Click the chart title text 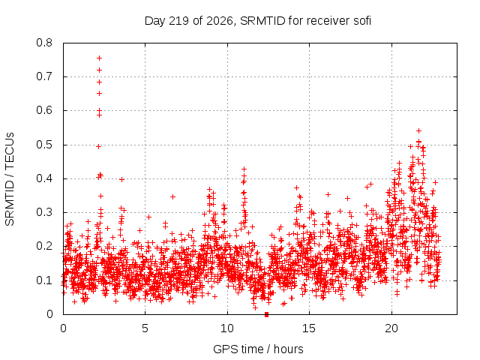coord(258,21)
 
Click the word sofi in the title coord(362,21)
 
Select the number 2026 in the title coord(219,21)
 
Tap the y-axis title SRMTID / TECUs coord(10,179)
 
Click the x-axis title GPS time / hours coord(258,349)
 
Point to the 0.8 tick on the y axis coord(44,43)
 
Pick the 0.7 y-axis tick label coord(44,76)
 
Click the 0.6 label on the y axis coord(44,110)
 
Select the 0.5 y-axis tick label coord(44,145)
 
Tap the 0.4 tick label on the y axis coord(44,178)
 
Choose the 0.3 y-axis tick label coord(44,212)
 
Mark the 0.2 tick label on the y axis coord(44,246)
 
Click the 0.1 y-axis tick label coord(44,280)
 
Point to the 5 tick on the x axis coord(145,328)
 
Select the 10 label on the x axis coord(227,328)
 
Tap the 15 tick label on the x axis coord(309,328)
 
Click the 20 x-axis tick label coord(391,328)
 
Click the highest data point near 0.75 coord(99,58)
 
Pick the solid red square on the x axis coord(267,314)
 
